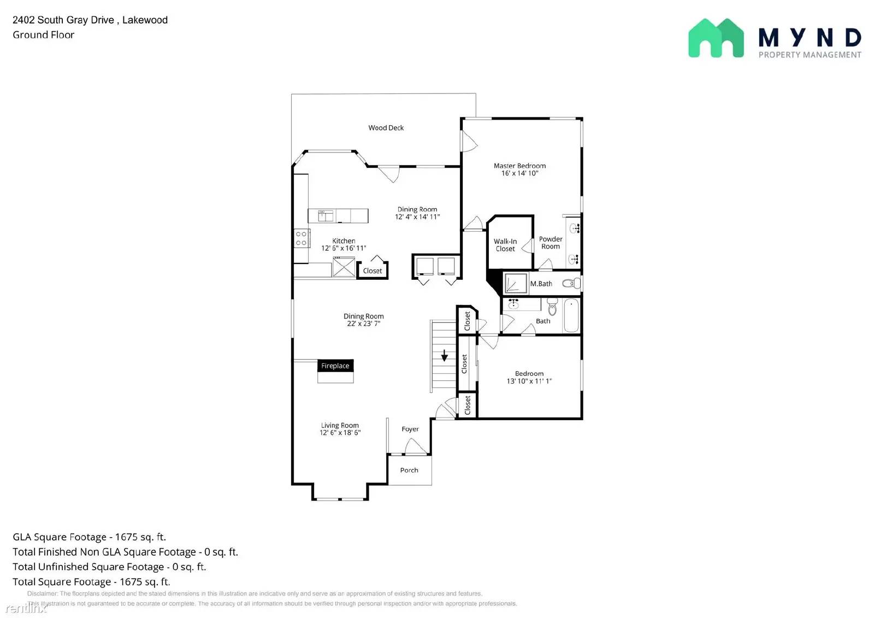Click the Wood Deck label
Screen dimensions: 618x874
point(386,128)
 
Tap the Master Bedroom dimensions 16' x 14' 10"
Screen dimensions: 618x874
point(519,173)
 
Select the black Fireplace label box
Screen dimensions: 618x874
point(335,366)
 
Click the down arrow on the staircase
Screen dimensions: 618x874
point(444,356)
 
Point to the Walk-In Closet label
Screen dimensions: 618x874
point(505,245)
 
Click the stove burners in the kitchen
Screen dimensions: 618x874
point(301,238)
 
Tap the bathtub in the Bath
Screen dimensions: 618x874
point(571,315)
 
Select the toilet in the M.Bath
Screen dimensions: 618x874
point(571,283)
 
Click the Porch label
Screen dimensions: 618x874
point(409,470)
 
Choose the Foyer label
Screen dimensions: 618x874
point(410,429)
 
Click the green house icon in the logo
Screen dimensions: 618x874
point(716,38)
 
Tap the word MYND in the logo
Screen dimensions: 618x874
point(809,38)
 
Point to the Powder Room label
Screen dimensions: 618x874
point(550,243)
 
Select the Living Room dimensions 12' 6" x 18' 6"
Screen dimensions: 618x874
point(340,433)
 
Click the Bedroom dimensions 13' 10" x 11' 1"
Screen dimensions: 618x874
point(529,381)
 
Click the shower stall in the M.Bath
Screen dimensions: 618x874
point(515,284)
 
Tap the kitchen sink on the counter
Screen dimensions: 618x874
point(326,215)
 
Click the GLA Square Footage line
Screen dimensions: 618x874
point(89,537)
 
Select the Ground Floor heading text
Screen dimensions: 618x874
point(43,35)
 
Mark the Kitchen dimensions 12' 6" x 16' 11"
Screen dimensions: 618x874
point(343,248)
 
